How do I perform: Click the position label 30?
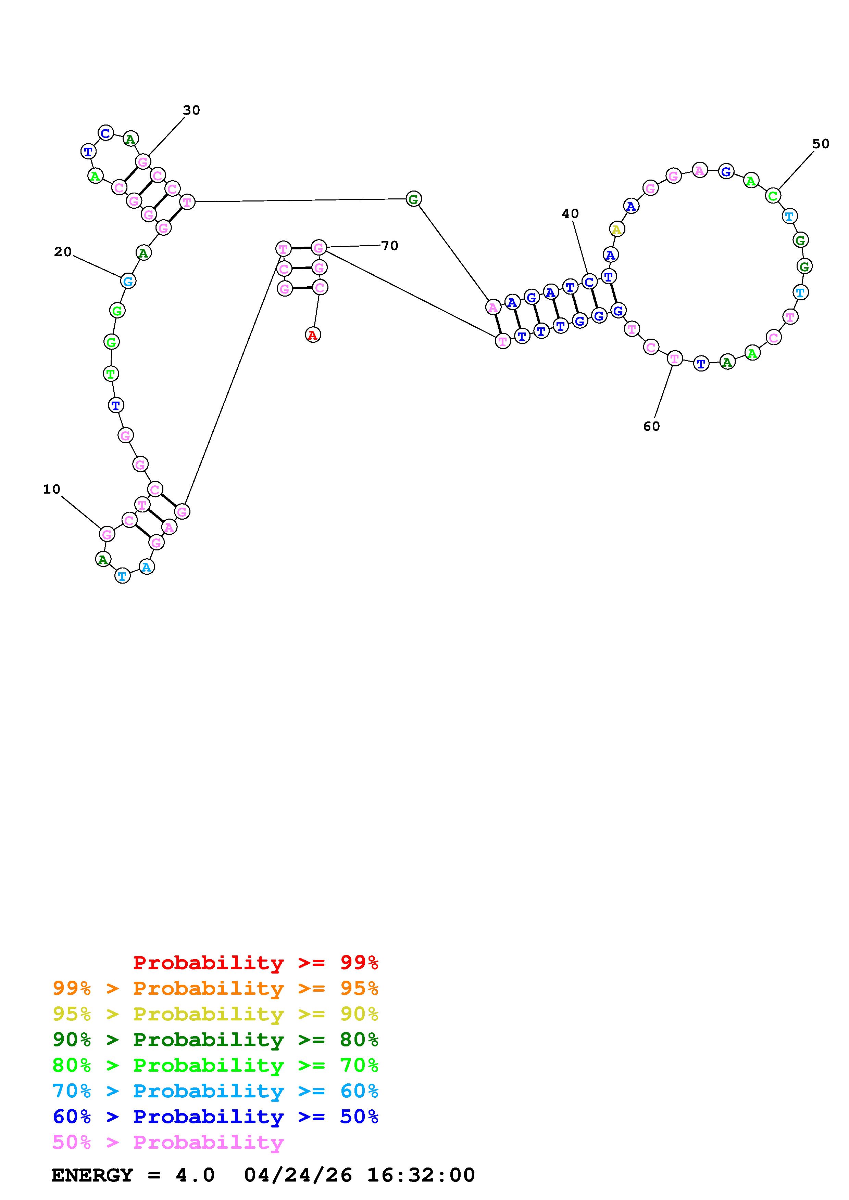(191, 110)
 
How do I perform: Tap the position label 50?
(821, 144)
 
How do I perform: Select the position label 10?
(52, 489)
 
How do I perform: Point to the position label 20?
(63, 252)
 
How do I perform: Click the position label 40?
(570, 213)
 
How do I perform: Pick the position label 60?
(651, 427)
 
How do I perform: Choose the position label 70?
(390, 246)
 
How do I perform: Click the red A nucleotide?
(313, 335)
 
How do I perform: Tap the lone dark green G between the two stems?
(413, 199)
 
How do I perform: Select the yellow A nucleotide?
(617, 229)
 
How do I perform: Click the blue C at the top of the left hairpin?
(106, 133)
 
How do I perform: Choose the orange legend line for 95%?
(215, 988)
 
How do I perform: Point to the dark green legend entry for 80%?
(215, 1040)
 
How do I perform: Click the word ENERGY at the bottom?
(92, 1175)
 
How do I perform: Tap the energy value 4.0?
(195, 1175)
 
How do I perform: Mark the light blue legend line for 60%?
(215, 1091)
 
